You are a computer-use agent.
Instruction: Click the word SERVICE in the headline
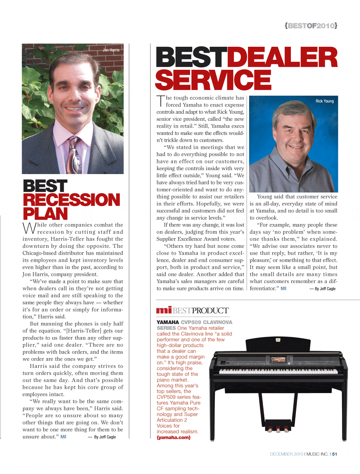pyautogui.click(x=213, y=80)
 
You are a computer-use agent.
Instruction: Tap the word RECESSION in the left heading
pyautogui.click(x=71, y=200)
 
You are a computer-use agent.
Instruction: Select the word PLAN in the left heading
pyautogui.click(x=45, y=214)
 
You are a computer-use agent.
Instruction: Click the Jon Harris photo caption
pyautogui.click(x=111, y=50)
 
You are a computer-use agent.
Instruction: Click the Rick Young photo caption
pyautogui.click(x=324, y=101)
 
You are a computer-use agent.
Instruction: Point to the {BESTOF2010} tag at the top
pyautogui.click(x=311, y=26)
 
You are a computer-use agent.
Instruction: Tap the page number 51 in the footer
pyautogui.click(x=334, y=454)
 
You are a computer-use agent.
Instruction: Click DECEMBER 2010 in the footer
pyautogui.click(x=287, y=454)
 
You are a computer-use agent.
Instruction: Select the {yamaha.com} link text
pyautogui.click(x=174, y=437)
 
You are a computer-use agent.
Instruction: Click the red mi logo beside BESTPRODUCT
pyautogui.click(x=164, y=310)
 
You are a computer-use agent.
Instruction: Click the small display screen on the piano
pyautogui.click(x=278, y=359)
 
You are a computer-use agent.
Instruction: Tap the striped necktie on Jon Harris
pyautogui.click(x=75, y=156)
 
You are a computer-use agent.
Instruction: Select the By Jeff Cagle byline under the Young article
pyautogui.click(x=325, y=289)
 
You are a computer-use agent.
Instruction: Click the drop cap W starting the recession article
pyautogui.click(x=29, y=228)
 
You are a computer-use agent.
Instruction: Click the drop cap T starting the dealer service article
pyautogui.click(x=161, y=101)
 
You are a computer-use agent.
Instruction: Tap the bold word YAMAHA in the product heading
pyautogui.click(x=168, y=322)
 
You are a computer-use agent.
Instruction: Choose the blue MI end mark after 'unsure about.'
pyautogui.click(x=63, y=437)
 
